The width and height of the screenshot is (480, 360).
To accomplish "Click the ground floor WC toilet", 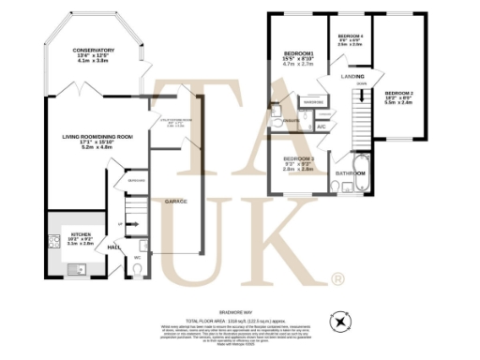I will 137,270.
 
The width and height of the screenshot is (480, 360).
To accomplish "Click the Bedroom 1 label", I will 297,53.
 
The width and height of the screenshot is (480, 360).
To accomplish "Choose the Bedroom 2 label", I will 398,94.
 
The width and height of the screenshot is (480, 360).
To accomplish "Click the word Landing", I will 352,76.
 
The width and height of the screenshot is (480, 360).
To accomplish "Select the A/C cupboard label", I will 321,125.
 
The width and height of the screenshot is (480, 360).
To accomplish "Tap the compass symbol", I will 339,322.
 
